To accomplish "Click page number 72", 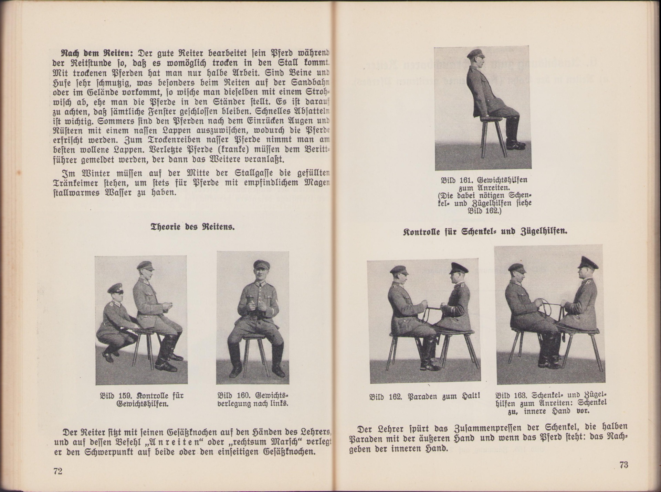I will point(58,471).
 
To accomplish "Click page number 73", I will point(623,465).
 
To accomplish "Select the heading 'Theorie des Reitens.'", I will point(193,227).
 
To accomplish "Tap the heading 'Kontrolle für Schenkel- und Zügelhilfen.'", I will point(485,231).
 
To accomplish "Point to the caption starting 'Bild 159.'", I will point(141,400).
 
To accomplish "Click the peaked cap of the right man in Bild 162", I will point(458,268).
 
